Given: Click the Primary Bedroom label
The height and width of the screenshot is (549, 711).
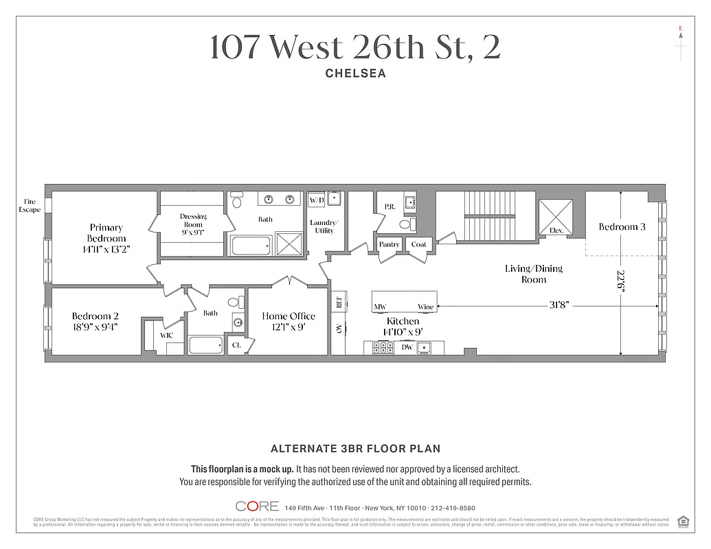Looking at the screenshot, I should pos(106,233).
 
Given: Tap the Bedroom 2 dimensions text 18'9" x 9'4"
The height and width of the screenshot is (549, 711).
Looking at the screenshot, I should pos(95,327).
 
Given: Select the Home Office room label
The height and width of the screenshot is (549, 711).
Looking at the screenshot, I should pos(289,316).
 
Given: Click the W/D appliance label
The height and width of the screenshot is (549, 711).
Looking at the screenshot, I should pos(316,200).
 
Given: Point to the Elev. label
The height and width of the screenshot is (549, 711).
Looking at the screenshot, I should pos(556,231).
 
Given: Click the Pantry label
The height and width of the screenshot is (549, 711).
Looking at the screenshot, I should pos(390,244).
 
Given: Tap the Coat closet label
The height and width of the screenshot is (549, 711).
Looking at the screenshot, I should pos(418,244).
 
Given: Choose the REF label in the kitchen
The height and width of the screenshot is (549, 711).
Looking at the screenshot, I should pos(338,302).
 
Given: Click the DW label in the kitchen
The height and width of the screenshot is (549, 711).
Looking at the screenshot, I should pos(407,347).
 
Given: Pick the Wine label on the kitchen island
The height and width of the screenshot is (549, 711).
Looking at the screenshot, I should pos(426,307).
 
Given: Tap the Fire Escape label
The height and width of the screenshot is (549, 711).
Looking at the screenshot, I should pos(30,205).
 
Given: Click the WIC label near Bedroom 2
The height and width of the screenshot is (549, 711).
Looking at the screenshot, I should pos(166,336).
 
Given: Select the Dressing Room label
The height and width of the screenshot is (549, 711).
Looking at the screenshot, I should pos(193,220).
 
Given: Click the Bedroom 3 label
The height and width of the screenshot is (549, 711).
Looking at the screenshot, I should pos(621,227).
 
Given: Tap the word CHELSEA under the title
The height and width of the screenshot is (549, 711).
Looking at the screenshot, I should pos(355,73).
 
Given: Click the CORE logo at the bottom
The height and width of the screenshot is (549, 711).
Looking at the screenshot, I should pos(257,506).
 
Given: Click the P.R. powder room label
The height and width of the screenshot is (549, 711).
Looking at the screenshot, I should pos(389,206).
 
